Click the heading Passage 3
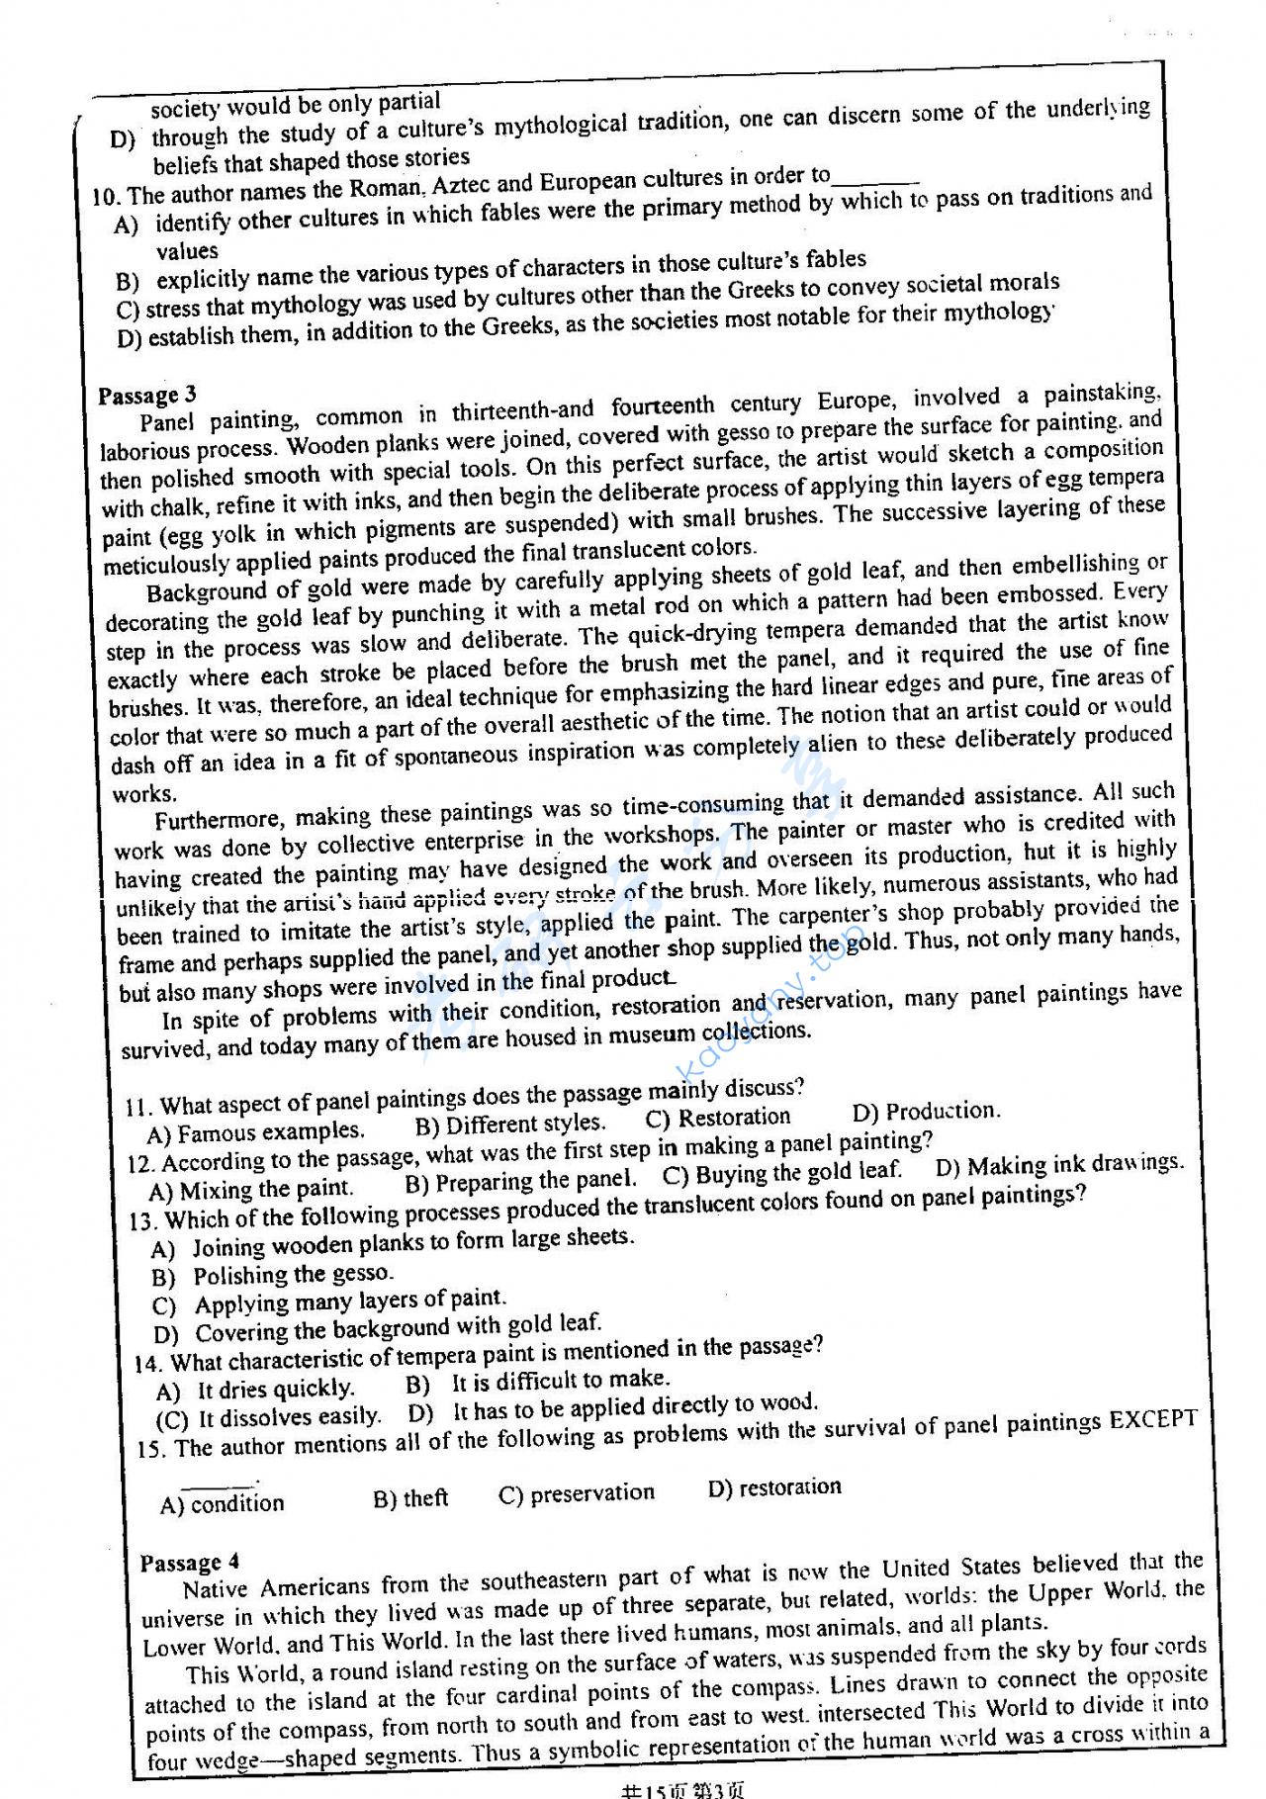pos(147,396)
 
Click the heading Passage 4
pos(189,1562)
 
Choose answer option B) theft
pos(410,1498)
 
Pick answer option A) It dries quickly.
pos(255,1390)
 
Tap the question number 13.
pos(144,1220)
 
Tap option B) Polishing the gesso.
pos(273,1275)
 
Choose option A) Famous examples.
pos(255,1131)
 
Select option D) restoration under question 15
pos(774,1487)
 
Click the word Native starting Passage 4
pos(219,1588)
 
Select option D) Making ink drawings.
pos(1058,1165)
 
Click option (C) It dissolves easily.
pos(269,1418)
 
